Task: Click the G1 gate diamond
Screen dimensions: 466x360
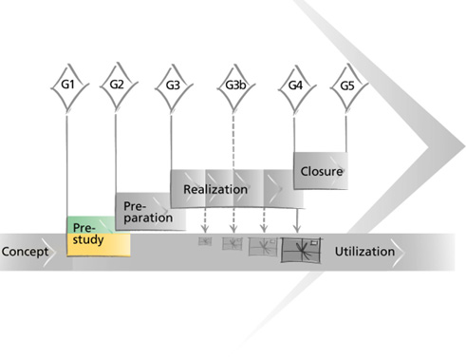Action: pyautogui.click(x=69, y=86)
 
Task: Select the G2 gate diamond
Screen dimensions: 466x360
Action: pyautogui.click(x=119, y=85)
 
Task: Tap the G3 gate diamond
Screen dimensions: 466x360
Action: pyautogui.click(x=174, y=86)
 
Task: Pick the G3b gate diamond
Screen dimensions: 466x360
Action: pyautogui.click(x=235, y=86)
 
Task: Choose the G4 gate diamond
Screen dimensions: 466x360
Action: pyautogui.click(x=297, y=87)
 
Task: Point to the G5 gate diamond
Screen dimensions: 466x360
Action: pyautogui.click(x=348, y=86)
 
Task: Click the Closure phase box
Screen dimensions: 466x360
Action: pyautogui.click(x=321, y=171)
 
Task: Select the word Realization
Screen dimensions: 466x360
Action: pyautogui.click(x=215, y=189)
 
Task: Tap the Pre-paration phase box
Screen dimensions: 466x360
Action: pyautogui.click(x=150, y=211)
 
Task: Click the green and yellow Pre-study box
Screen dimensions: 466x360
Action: pyautogui.click(x=99, y=237)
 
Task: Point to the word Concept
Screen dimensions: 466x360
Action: pyautogui.click(x=25, y=252)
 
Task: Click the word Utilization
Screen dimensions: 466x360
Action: pyautogui.click(x=364, y=252)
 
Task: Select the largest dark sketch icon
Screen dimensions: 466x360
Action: pyautogui.click(x=301, y=250)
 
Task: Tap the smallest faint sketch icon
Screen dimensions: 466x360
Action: pyautogui.click(x=205, y=241)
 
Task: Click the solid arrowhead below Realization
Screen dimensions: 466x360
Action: pyautogui.click(x=296, y=228)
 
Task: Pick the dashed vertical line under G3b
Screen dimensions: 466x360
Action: pyautogui.click(x=233, y=141)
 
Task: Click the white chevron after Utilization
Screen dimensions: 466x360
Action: pyautogui.click(x=398, y=253)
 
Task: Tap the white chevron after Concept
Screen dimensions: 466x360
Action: pyautogui.click(x=49, y=253)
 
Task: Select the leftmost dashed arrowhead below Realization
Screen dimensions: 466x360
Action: pyautogui.click(x=205, y=229)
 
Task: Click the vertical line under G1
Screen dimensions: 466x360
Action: pyautogui.click(x=66, y=166)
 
